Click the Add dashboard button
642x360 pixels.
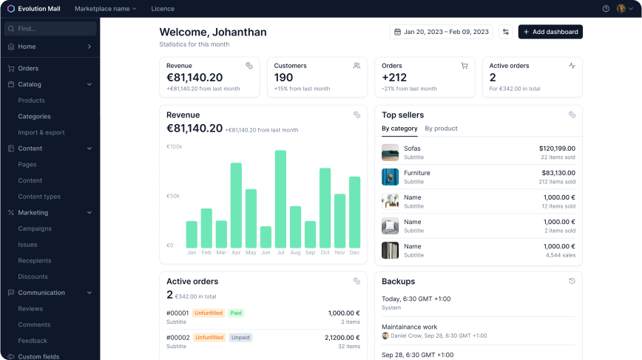coord(550,32)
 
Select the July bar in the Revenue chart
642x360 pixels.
coord(280,199)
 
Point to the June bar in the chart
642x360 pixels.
coord(266,237)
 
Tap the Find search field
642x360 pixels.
coord(50,29)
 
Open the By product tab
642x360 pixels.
coord(441,129)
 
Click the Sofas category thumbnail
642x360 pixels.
coord(391,152)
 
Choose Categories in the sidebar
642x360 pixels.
coord(34,117)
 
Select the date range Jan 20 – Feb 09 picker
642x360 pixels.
coord(442,32)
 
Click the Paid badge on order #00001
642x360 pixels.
coord(236,313)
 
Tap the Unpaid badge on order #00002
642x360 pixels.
coord(240,338)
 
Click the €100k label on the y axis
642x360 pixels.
coord(174,146)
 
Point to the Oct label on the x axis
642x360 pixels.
coord(325,252)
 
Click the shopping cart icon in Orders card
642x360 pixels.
coord(464,66)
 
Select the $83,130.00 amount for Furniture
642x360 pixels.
coord(558,173)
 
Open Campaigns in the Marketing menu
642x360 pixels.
coord(35,228)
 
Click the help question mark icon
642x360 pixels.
coord(606,9)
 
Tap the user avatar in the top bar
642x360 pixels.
coord(621,9)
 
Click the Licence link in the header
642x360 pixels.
coord(163,9)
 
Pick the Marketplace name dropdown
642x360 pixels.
coord(105,9)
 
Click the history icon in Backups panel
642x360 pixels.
coord(572,281)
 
